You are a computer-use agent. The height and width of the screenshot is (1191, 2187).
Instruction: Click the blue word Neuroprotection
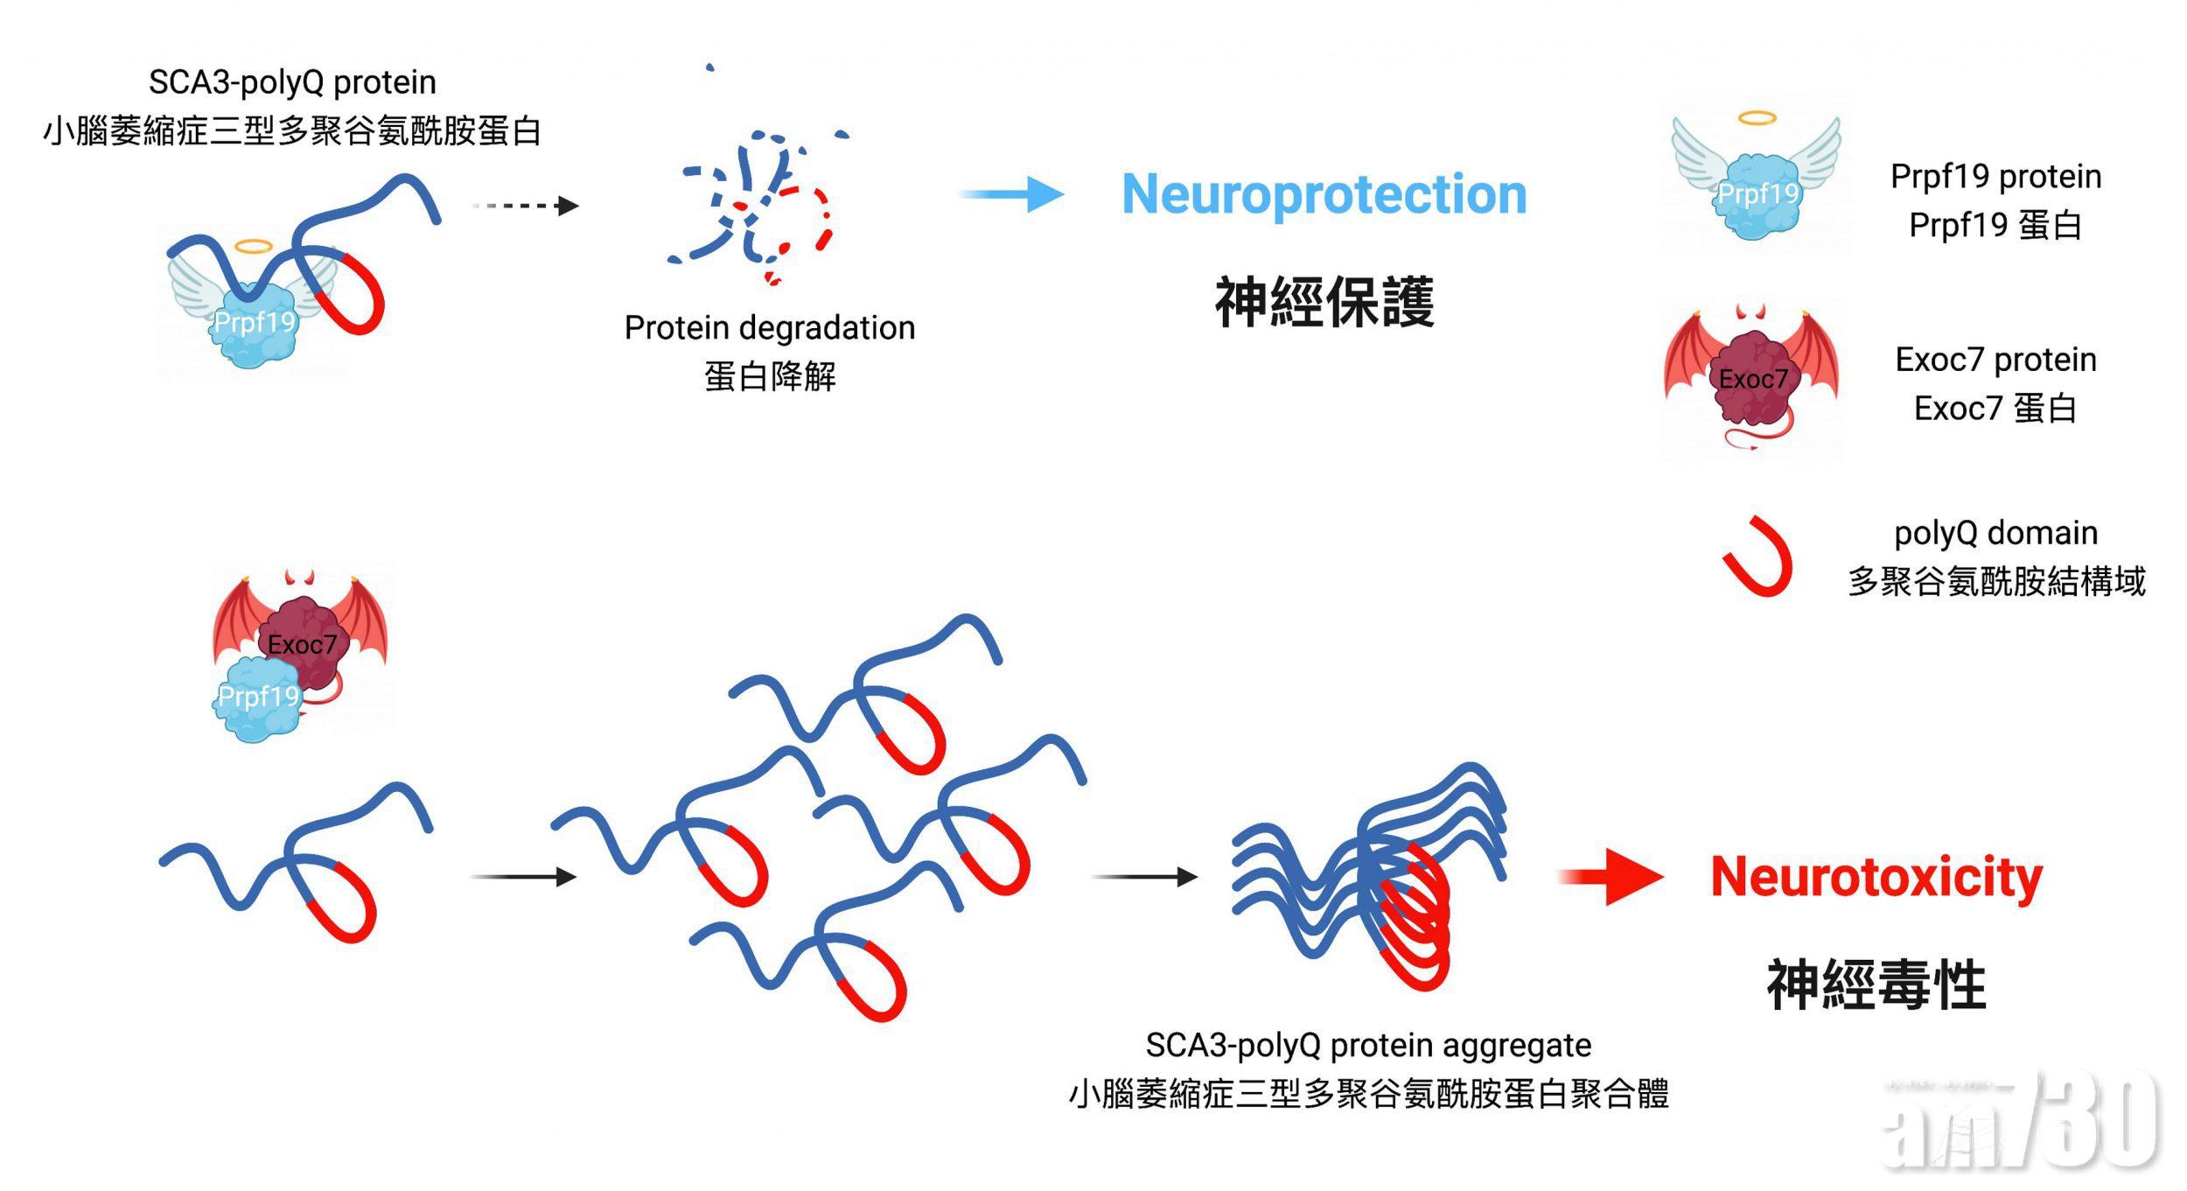click(1324, 194)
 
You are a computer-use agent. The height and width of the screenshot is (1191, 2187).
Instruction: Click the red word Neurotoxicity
click(1876, 877)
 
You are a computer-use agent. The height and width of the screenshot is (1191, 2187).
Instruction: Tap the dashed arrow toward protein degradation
click(525, 206)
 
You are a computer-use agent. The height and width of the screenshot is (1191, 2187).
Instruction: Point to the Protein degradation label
click(769, 328)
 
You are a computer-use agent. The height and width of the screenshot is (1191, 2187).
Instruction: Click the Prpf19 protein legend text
click(1995, 177)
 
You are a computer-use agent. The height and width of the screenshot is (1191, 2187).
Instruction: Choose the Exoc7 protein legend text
click(1995, 360)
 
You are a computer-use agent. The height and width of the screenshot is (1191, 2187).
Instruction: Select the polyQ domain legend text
click(1995, 533)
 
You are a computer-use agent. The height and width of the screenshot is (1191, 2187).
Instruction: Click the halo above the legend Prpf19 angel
click(1757, 118)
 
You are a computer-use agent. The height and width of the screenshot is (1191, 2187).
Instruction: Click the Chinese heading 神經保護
click(1324, 303)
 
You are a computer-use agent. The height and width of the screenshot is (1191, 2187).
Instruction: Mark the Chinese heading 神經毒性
click(1876, 984)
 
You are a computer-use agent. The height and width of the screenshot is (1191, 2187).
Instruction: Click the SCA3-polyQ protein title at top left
click(292, 83)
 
